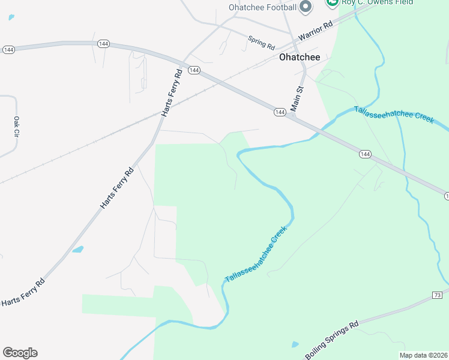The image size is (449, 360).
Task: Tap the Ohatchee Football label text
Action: pyautogui.click(x=262, y=7)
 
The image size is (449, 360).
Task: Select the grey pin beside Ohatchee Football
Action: pyautogui.click(x=306, y=7)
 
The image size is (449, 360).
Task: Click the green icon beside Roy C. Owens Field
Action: pyautogui.click(x=332, y=2)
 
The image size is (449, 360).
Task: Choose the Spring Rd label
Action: pyautogui.click(x=261, y=43)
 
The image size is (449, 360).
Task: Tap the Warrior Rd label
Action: pyautogui.click(x=315, y=31)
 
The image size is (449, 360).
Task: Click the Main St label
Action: pyautogui.click(x=298, y=97)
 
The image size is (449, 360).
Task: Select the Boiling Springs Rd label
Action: pyautogui.click(x=331, y=340)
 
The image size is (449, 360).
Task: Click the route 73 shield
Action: pyautogui.click(x=437, y=295)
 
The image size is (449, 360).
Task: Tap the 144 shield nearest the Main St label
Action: pyautogui.click(x=280, y=112)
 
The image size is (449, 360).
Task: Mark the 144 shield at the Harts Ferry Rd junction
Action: pyautogui.click(x=193, y=71)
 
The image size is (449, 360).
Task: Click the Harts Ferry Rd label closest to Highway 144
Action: pyautogui.click(x=172, y=93)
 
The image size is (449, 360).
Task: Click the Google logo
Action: pyautogui.click(x=20, y=353)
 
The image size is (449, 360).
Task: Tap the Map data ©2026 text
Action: pyautogui.click(x=423, y=355)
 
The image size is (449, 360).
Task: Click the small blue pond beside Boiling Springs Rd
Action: pyautogui.click(x=295, y=345)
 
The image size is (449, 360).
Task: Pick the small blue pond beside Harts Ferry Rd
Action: pyautogui.click(x=77, y=249)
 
